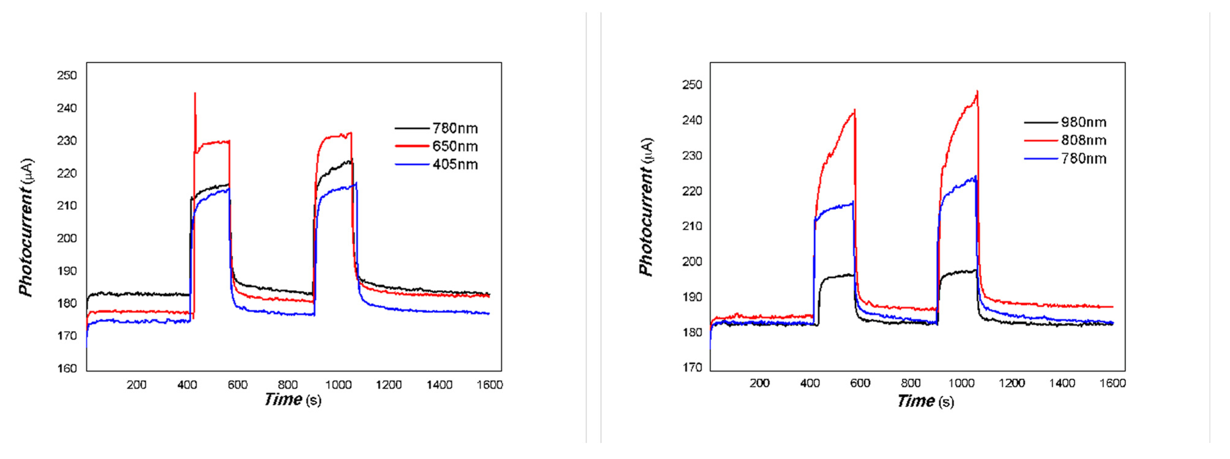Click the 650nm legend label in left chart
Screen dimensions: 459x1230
tap(455, 147)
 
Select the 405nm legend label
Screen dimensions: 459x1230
tap(455, 165)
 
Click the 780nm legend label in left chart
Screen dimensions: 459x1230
tap(455, 128)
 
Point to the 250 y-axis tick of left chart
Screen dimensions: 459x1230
tap(67, 75)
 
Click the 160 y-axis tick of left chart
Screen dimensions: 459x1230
tap(67, 368)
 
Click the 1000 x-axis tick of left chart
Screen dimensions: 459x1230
tap(338, 385)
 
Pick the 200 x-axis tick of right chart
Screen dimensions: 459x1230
tap(759, 383)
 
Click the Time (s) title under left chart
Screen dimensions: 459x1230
tap(293, 399)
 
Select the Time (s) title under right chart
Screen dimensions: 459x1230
tap(925, 401)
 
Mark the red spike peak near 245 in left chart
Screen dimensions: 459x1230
tap(195, 94)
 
